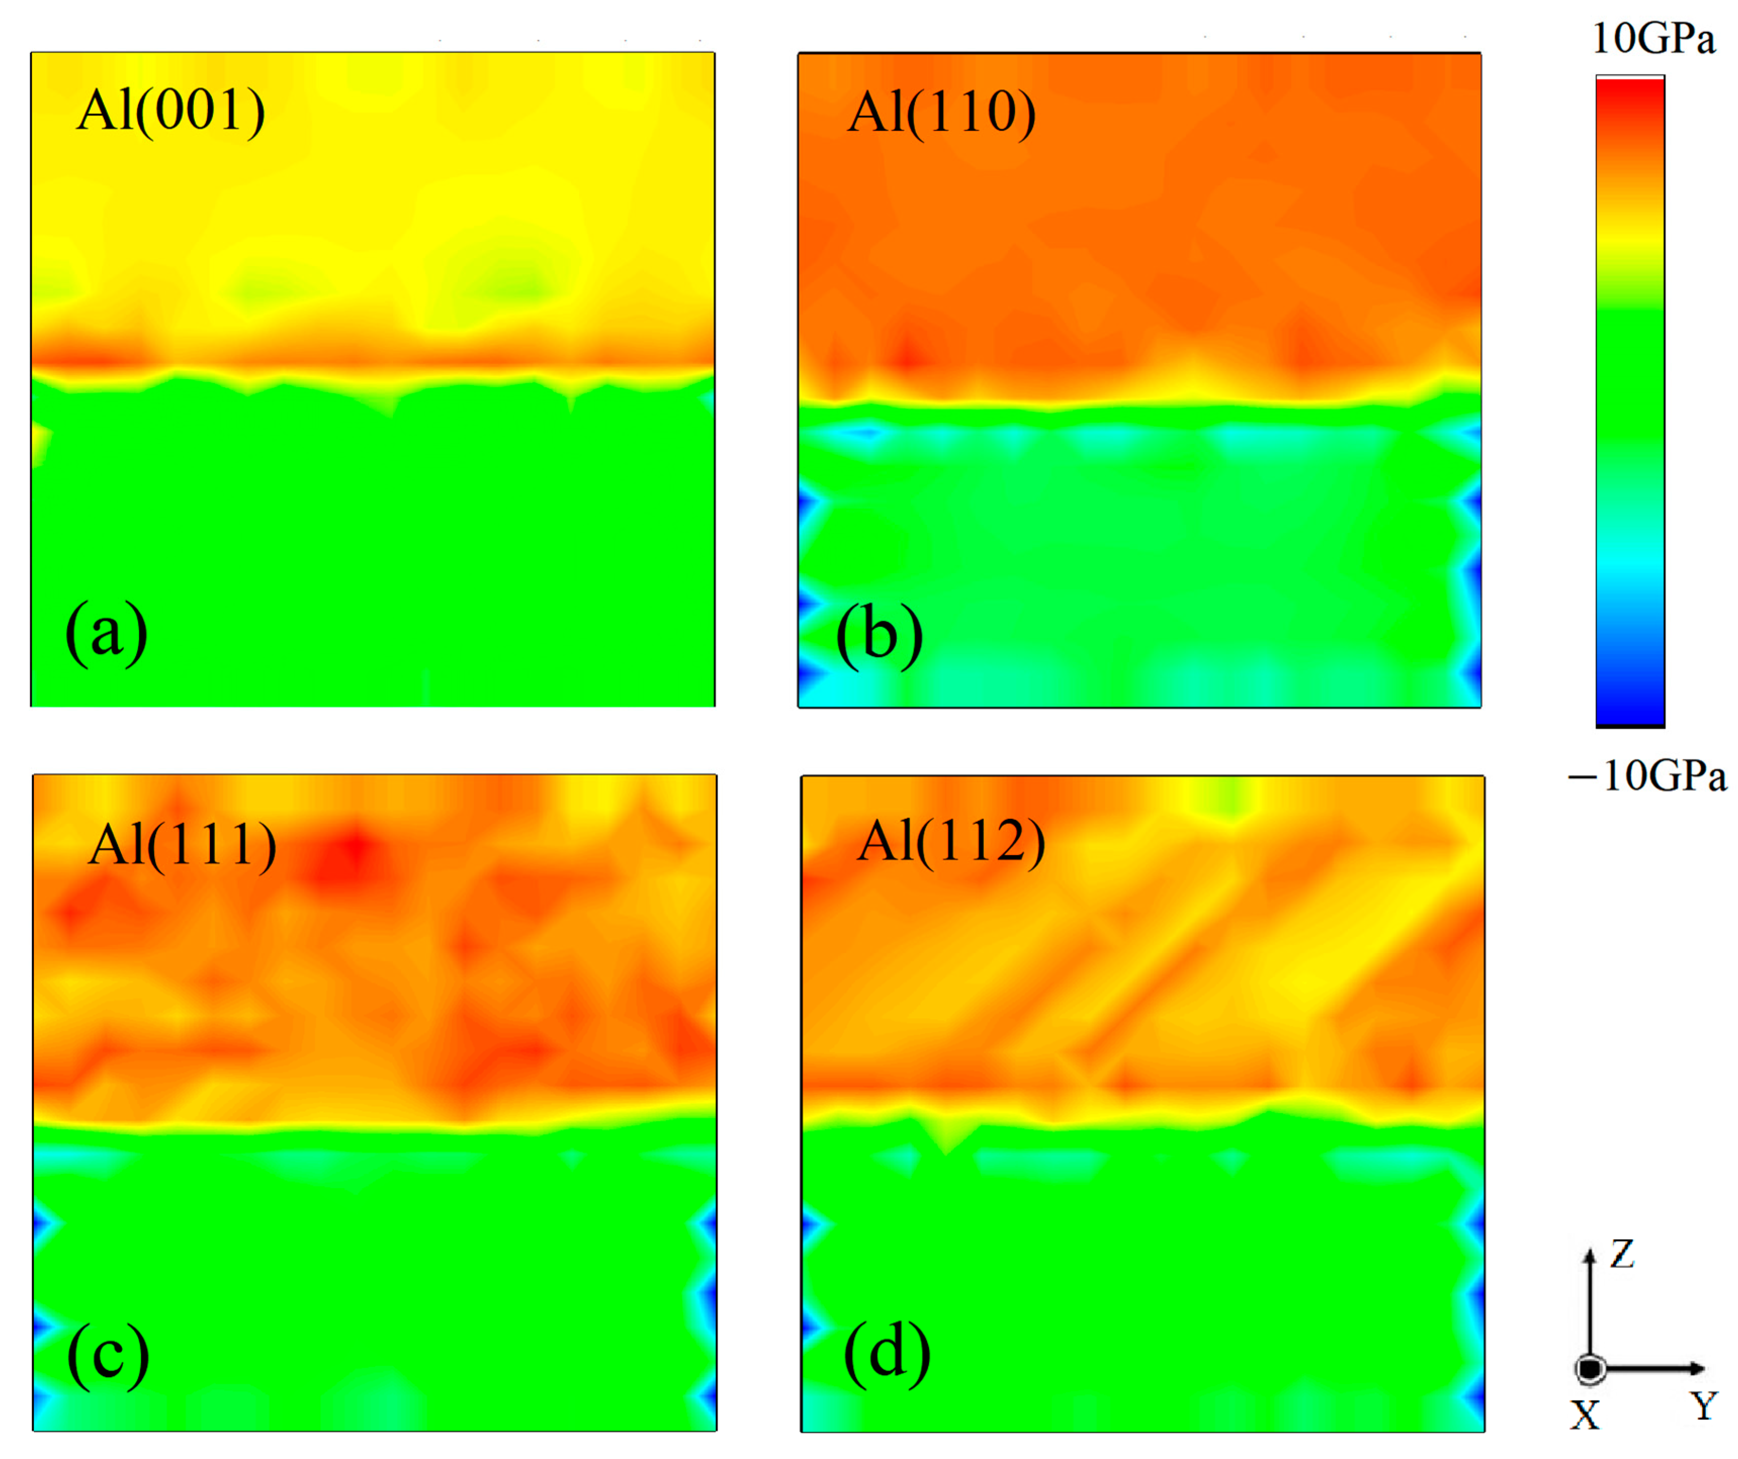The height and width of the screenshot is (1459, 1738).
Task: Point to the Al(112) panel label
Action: (951, 842)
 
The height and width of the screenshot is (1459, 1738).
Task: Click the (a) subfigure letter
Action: (106, 633)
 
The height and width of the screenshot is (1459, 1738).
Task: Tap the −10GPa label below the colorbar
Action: (1647, 776)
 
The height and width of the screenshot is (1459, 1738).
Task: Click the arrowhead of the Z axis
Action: (1589, 1255)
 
